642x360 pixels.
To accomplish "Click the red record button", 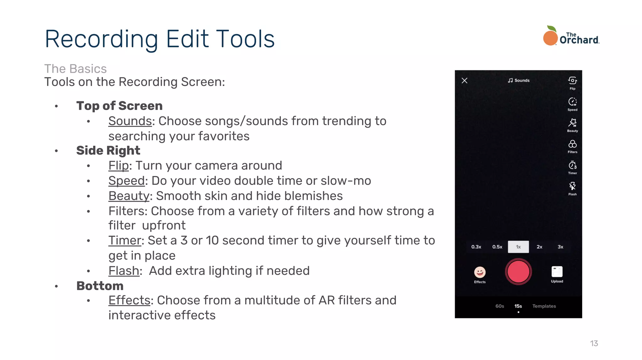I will [518, 272].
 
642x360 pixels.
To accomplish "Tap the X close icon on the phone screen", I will [465, 81].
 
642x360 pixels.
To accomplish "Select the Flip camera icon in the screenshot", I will [572, 81].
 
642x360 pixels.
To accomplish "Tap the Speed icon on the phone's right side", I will [572, 102].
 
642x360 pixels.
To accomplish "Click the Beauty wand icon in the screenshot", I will [572, 123].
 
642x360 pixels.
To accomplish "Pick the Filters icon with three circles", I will [572, 144].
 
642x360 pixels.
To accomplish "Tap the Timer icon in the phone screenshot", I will [572, 165].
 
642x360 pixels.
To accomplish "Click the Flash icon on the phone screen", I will [572, 186].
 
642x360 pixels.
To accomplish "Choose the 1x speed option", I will [518, 247].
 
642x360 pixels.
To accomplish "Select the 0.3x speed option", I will [476, 247].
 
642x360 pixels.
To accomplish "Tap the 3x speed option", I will [560, 247].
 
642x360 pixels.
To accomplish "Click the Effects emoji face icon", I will [480, 272].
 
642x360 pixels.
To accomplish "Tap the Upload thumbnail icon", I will [557, 272].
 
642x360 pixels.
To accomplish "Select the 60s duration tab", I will [500, 306].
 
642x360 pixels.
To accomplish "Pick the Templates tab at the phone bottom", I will [544, 306].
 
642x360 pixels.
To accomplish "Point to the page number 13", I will [594, 343].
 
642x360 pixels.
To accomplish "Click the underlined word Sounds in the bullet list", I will [130, 121].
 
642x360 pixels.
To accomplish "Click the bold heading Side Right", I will [108, 151].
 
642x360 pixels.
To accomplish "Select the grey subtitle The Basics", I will [76, 69].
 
